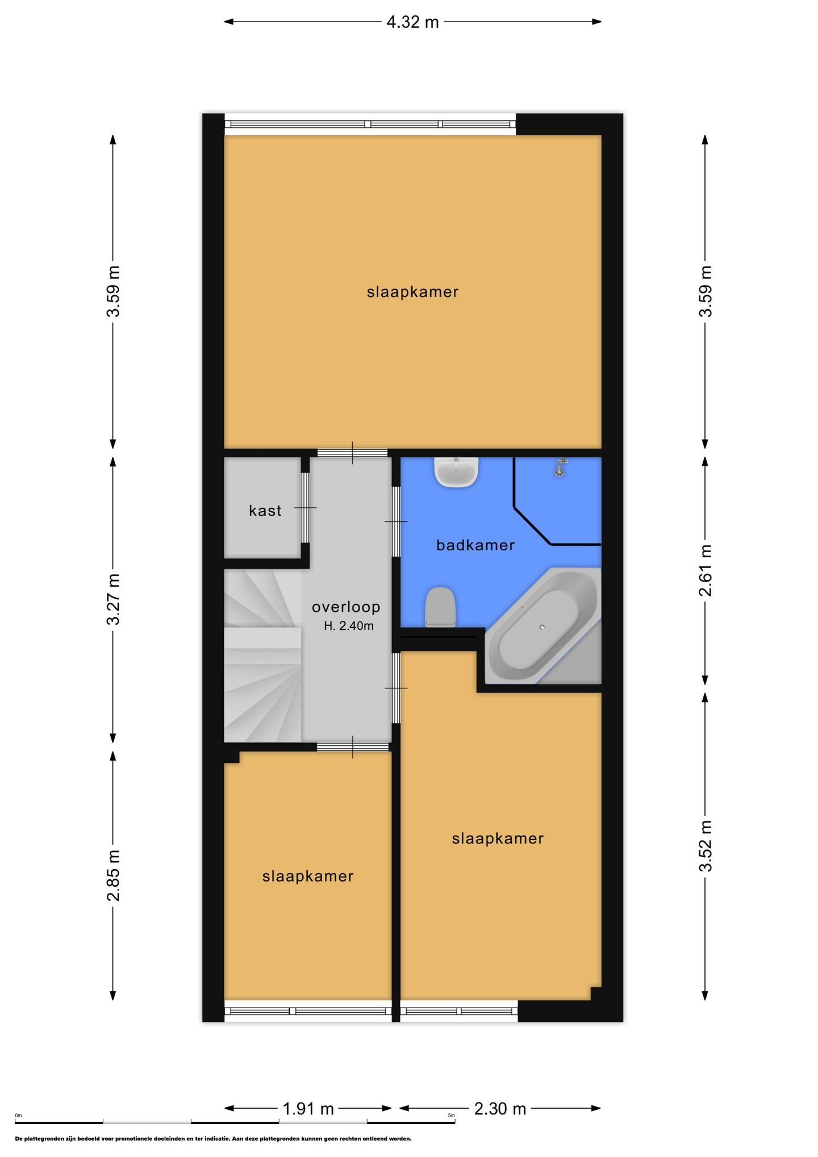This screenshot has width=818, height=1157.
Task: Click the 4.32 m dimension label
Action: click(412, 22)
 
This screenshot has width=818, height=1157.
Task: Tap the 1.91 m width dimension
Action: click(308, 1108)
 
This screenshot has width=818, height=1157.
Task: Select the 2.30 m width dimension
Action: click(500, 1108)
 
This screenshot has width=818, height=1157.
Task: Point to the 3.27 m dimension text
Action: click(114, 599)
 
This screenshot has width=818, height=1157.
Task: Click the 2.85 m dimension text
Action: click(114, 875)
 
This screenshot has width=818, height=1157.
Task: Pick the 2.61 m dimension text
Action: click(705, 570)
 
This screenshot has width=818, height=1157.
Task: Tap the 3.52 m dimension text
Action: click(705, 846)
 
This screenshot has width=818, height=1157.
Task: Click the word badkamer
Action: click(475, 545)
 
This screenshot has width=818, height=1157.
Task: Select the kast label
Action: click(265, 511)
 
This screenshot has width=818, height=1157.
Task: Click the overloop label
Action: click(346, 607)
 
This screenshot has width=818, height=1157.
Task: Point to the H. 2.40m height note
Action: click(349, 626)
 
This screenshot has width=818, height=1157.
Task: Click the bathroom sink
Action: click(456, 473)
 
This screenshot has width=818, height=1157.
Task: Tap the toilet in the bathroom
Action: click(440, 607)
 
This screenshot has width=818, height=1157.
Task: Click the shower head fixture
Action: click(561, 467)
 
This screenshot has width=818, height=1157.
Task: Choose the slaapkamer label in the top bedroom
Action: click(412, 292)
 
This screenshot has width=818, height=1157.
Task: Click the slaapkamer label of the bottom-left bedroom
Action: click(308, 876)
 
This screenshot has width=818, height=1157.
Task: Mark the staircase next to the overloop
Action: click(262, 656)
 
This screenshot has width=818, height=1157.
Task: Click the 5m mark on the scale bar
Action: click(452, 1116)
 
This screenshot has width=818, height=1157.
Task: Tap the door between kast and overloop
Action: click(305, 508)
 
